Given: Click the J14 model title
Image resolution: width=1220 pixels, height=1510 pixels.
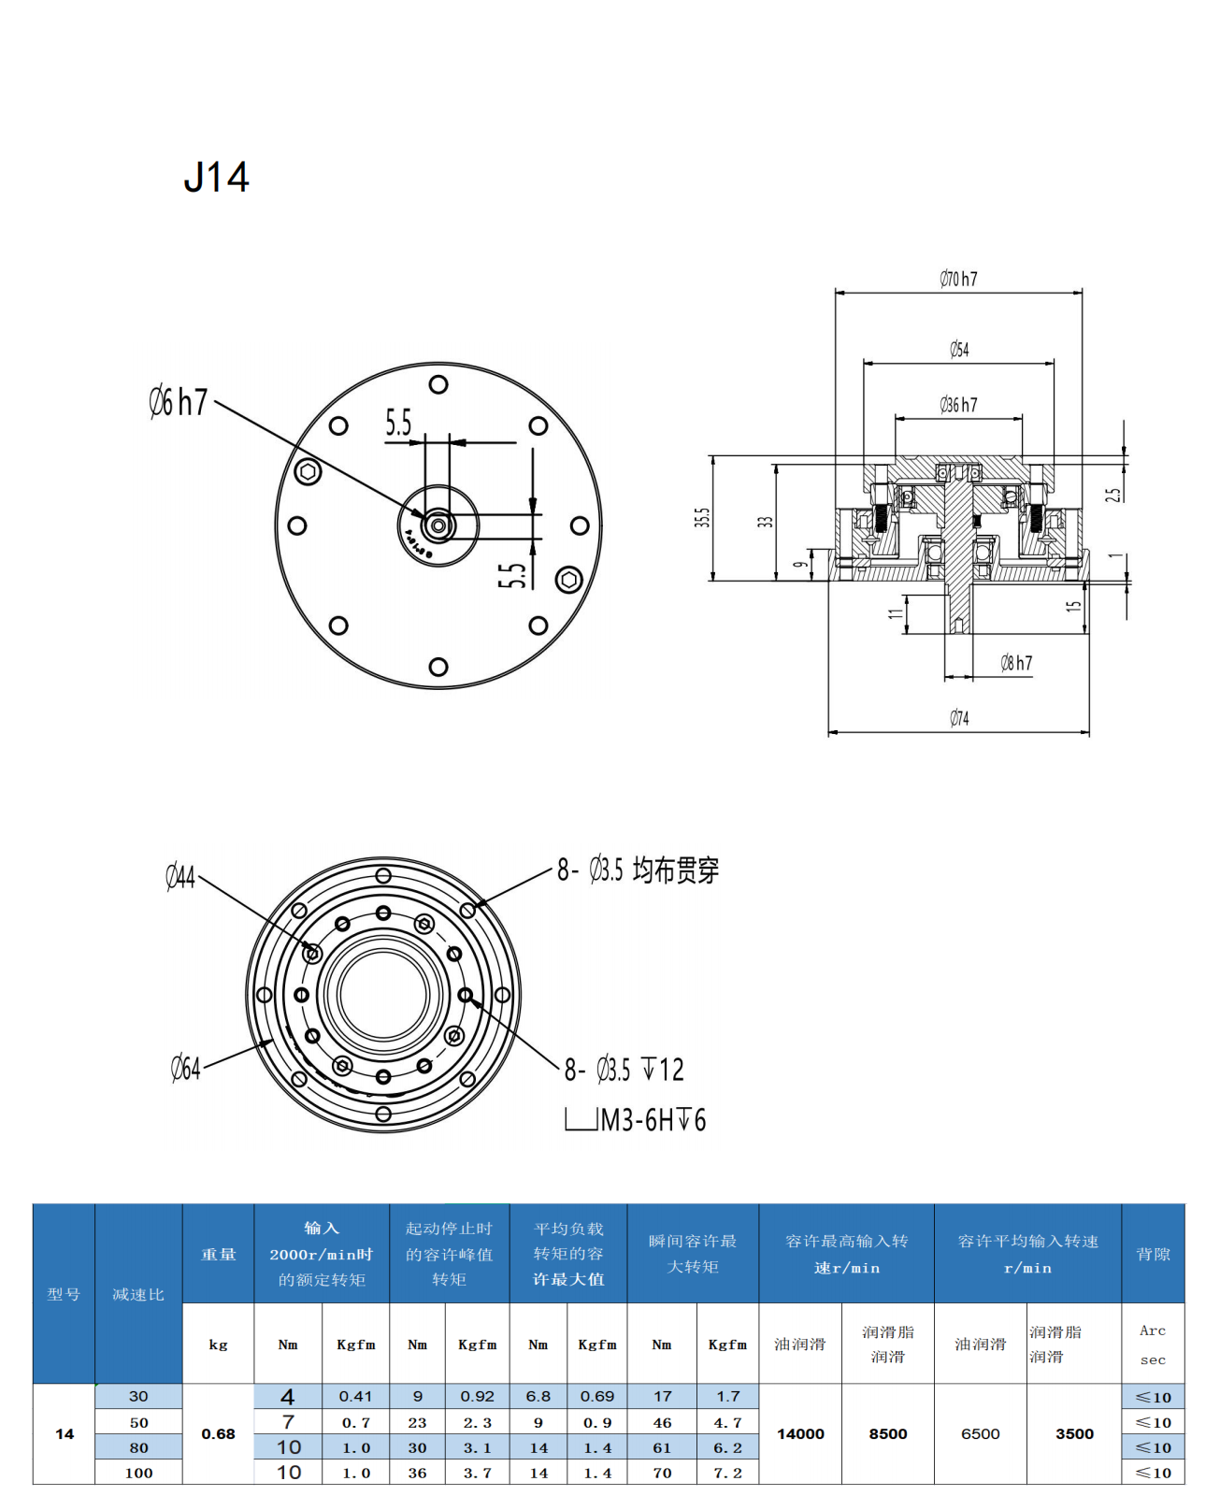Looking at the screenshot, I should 216,178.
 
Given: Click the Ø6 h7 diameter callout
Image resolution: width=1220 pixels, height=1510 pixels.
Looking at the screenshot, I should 178,402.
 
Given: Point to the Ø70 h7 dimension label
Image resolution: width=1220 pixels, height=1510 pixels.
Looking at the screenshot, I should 958,279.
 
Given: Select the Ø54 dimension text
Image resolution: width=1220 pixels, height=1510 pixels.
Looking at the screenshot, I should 959,350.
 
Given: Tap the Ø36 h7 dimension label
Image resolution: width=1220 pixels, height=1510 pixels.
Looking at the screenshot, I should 958,405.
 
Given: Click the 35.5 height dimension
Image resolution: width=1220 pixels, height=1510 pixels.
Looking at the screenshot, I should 702,517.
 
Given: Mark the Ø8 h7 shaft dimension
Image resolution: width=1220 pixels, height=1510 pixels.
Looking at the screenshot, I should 1016,663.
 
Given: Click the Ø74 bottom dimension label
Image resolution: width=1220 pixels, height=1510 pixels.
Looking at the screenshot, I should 959,718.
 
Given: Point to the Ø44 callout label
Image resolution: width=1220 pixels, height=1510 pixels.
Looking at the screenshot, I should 180,876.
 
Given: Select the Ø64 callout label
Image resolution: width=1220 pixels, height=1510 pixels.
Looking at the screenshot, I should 185,1068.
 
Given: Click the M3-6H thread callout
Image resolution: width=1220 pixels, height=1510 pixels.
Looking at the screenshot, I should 652,1119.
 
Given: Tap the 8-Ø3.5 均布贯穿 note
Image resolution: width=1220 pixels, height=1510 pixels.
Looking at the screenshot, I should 638,870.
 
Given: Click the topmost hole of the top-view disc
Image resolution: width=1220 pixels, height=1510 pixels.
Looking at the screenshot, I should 438,384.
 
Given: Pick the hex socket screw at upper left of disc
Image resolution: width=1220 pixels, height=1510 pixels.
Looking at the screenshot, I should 308,471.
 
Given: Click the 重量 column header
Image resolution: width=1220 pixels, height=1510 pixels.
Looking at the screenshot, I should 218,1254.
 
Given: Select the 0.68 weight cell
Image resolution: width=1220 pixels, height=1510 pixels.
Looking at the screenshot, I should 218,1433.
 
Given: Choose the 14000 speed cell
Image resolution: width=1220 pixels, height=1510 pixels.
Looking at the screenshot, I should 800,1433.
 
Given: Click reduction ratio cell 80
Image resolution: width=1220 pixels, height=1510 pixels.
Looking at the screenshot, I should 138,1447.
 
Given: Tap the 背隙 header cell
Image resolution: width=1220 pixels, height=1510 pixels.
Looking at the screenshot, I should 1153,1254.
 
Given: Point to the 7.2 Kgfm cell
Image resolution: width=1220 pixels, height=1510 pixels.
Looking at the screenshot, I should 727,1473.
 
